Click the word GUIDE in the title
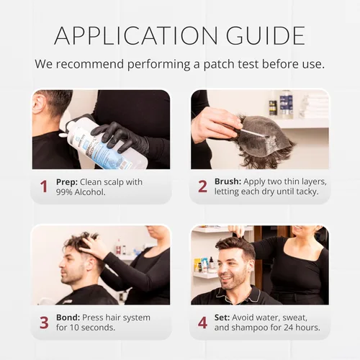pos(266,35)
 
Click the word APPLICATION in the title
pos(136,35)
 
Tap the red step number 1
pos(44,186)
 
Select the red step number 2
pos(202,186)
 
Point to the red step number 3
pos(44,323)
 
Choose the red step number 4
pos(202,323)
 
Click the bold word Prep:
pos(67,182)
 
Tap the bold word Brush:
pos(228,181)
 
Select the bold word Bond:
pos(68,318)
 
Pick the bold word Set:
pos(222,318)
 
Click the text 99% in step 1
pos(64,192)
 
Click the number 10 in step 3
pos(75,328)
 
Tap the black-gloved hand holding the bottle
pos(120,138)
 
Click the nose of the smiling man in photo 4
pos(220,271)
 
